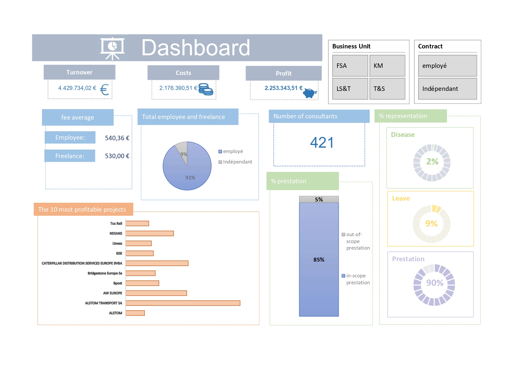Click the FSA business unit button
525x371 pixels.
tap(350, 66)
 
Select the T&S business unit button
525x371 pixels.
tap(387, 89)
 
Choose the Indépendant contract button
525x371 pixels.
tap(447, 89)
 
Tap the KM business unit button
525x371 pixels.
tap(387, 66)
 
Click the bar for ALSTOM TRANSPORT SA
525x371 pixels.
tap(183, 303)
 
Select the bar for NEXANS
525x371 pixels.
tap(150, 233)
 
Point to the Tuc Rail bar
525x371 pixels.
tap(137, 223)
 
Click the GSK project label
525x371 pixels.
tap(119, 254)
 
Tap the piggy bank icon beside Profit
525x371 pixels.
tap(310, 93)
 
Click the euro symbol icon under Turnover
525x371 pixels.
tap(104, 90)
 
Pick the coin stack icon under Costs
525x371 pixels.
tap(206, 89)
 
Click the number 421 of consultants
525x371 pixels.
tap(322, 143)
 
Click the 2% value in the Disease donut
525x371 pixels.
tap(432, 162)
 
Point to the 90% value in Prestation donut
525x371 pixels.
tap(435, 283)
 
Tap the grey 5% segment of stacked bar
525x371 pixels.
tap(319, 199)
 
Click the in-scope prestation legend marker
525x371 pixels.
tap(343, 276)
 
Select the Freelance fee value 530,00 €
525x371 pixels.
tap(117, 156)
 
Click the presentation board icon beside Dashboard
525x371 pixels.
tap(112, 48)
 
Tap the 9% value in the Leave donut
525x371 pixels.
tap(431, 224)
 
